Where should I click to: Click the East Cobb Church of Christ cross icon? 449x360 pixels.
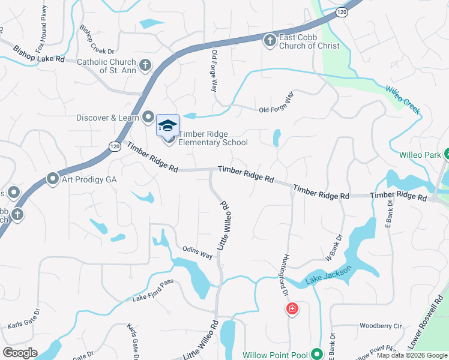pos(270,40)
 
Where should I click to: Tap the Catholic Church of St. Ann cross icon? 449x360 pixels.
pos(145,65)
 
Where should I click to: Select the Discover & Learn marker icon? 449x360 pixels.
pos(149,118)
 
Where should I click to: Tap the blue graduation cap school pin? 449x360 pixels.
pos(168,125)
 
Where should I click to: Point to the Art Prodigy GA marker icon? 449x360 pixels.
pos(52,179)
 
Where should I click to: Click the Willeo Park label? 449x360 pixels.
pos(420,154)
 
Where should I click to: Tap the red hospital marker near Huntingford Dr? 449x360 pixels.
pos(292,309)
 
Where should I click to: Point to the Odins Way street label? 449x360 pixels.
pos(198,253)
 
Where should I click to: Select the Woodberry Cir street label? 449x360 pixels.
pos(380,326)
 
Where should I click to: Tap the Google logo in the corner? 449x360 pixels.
pos(20,353)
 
